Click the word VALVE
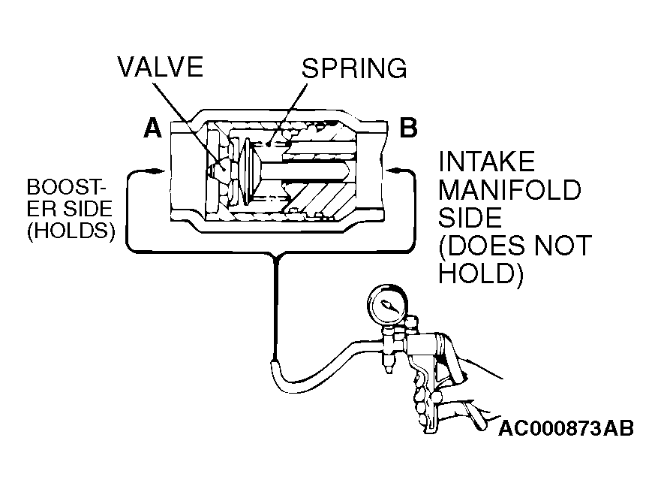pyautogui.click(x=160, y=68)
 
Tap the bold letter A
pyautogui.click(x=152, y=129)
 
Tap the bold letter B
pyautogui.click(x=408, y=129)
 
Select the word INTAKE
pyautogui.click(x=486, y=161)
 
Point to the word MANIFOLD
pyautogui.click(x=509, y=190)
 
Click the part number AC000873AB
pyautogui.click(x=566, y=429)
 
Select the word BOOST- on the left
pyautogui.click(x=66, y=186)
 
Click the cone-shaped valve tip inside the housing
pyautogui.click(x=218, y=171)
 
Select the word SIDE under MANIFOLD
pyautogui.click(x=470, y=218)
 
